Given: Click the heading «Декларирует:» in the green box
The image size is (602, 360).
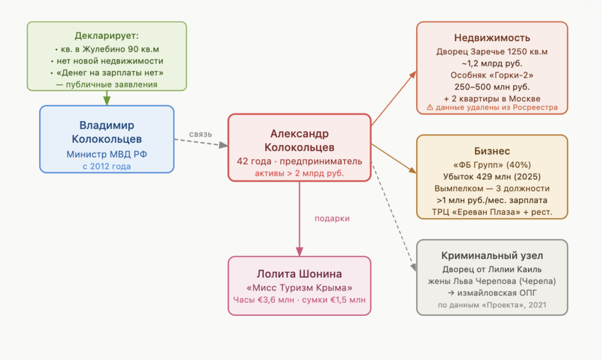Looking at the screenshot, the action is (x=107, y=36).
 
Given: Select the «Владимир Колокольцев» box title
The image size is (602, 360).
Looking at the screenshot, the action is (x=107, y=132).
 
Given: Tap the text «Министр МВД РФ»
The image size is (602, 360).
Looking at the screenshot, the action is (x=107, y=155).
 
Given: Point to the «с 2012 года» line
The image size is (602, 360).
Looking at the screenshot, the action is (x=107, y=166).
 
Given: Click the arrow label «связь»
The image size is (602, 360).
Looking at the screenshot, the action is (x=200, y=134).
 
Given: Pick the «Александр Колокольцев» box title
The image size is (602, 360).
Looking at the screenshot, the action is (x=299, y=140).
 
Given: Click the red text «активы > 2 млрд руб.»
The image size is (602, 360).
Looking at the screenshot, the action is (x=299, y=174).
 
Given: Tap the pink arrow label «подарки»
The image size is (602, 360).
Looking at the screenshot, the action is (x=332, y=219).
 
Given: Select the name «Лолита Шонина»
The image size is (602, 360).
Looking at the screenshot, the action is (x=299, y=274).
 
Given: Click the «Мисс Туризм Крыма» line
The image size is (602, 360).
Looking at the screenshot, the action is (x=299, y=288).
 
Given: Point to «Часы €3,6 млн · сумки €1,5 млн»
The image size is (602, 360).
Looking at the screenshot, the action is (x=299, y=299).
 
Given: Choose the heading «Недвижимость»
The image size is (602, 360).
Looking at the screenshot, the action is (x=492, y=38).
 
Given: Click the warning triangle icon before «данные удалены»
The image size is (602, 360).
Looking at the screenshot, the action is (x=430, y=108).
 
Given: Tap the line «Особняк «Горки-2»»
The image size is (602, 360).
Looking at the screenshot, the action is (x=492, y=75).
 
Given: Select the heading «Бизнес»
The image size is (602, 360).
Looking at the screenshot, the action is (x=492, y=151).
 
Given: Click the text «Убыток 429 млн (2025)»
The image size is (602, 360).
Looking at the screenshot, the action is (x=492, y=176).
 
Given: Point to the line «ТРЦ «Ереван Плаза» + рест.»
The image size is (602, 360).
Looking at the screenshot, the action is (x=492, y=212).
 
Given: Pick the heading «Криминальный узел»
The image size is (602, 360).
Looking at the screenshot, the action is (x=492, y=255).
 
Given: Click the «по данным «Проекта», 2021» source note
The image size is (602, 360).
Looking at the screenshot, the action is (x=492, y=305).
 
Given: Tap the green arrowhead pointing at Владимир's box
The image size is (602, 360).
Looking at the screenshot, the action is (x=107, y=101).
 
